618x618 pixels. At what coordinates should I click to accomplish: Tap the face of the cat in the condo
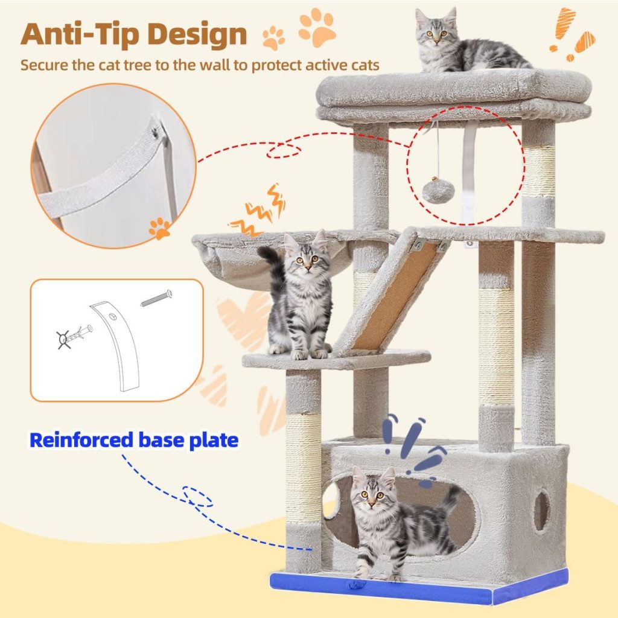[369, 494]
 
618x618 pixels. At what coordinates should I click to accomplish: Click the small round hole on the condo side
[541, 511]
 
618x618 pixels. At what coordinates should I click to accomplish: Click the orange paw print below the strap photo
[160, 229]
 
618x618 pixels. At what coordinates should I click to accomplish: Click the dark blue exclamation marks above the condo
[416, 447]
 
